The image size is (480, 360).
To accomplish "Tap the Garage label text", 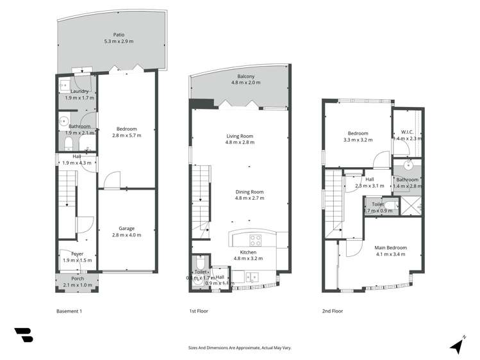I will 126,227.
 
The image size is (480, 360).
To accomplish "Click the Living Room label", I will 240,136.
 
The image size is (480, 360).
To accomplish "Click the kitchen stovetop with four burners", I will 254,241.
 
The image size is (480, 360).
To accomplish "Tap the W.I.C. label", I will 406,132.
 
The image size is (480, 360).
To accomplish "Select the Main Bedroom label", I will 390,247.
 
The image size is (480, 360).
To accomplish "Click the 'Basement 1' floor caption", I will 69,311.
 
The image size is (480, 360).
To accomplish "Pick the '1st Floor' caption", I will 199,311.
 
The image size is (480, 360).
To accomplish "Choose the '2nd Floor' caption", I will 333,311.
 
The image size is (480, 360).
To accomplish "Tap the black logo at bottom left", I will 24,335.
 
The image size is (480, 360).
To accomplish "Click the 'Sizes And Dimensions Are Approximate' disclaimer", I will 240,347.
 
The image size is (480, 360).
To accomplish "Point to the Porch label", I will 78,278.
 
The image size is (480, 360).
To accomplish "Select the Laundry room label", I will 79,91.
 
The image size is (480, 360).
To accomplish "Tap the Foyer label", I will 78,254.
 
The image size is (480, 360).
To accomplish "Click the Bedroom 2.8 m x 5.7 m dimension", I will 126,136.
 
